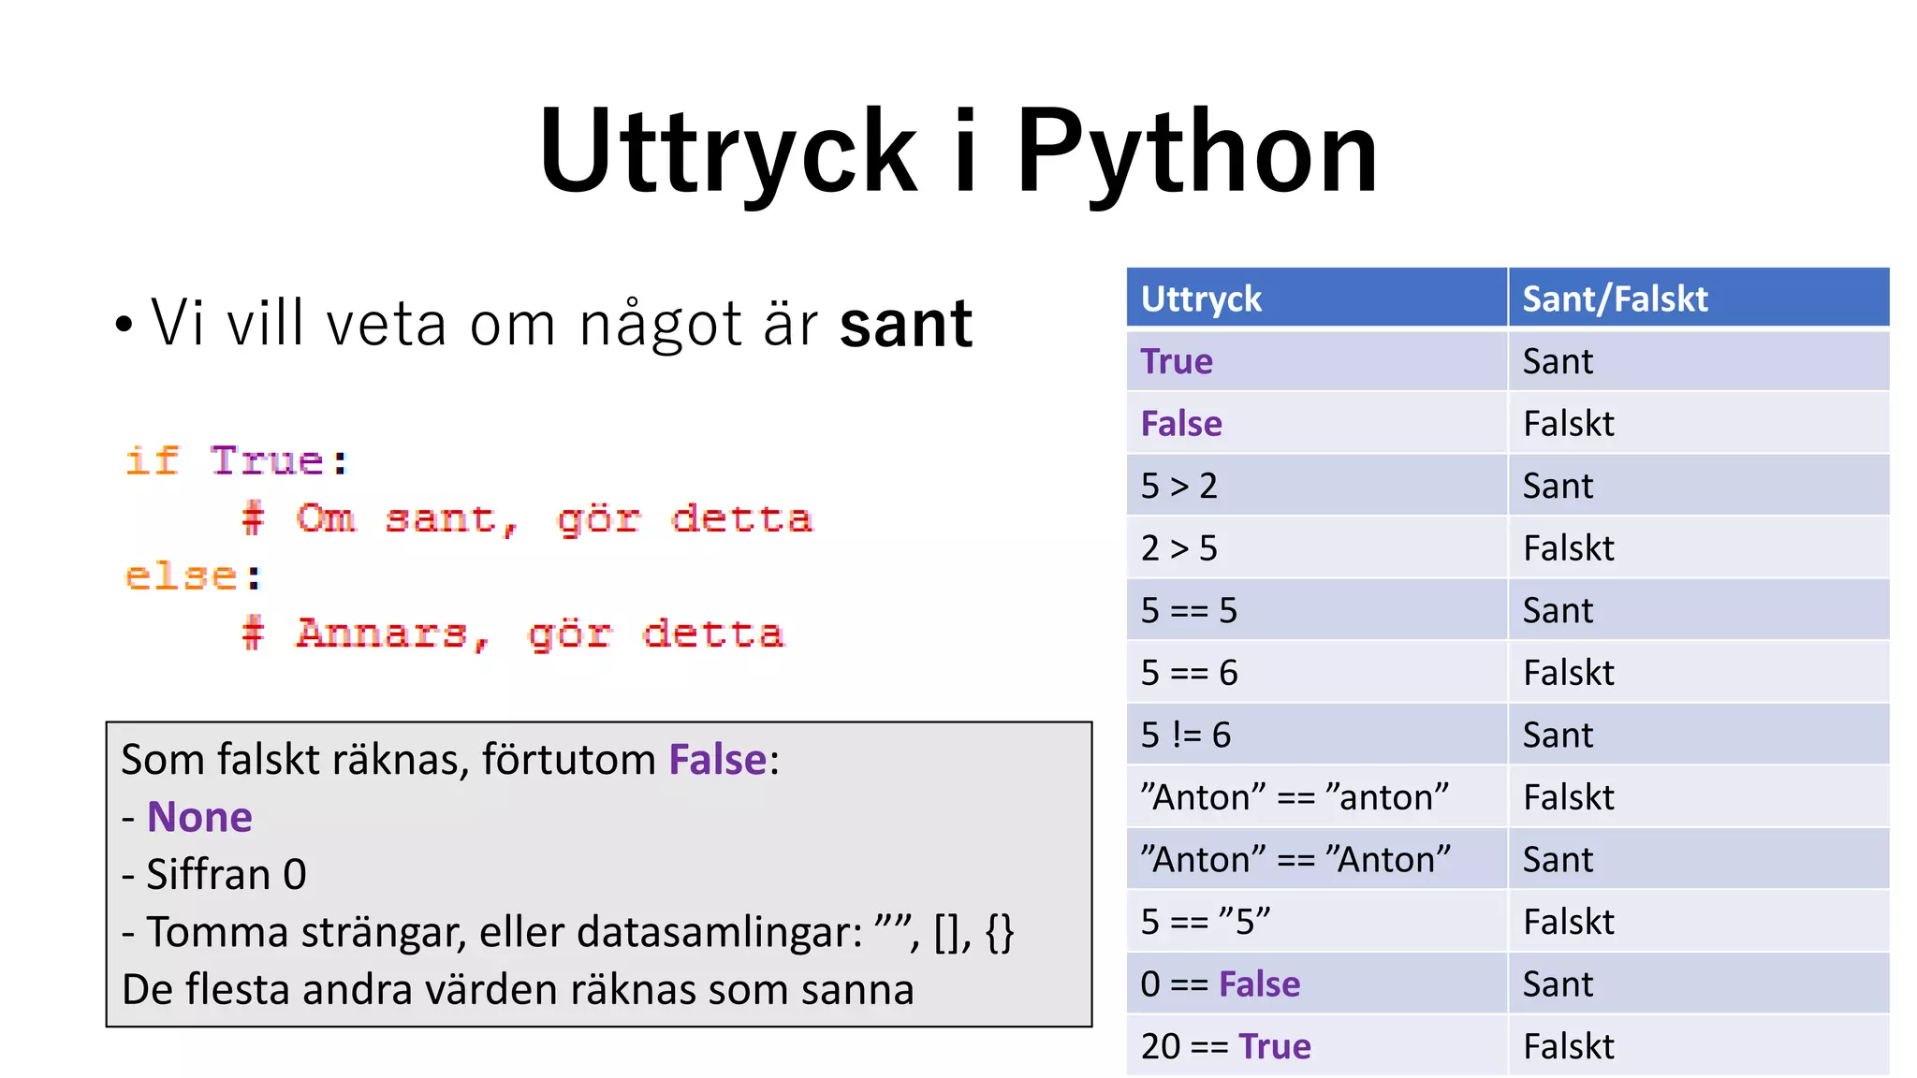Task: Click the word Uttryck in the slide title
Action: (x=727, y=152)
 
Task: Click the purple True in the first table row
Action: (x=1177, y=361)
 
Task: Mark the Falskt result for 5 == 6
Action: (x=1569, y=673)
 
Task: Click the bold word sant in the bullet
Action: (x=906, y=324)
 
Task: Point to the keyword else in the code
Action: (x=182, y=576)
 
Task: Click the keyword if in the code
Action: (x=153, y=461)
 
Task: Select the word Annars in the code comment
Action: (x=382, y=634)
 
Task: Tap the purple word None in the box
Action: (x=199, y=817)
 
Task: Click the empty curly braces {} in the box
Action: (x=1000, y=932)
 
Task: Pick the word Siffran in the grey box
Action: (x=208, y=875)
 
